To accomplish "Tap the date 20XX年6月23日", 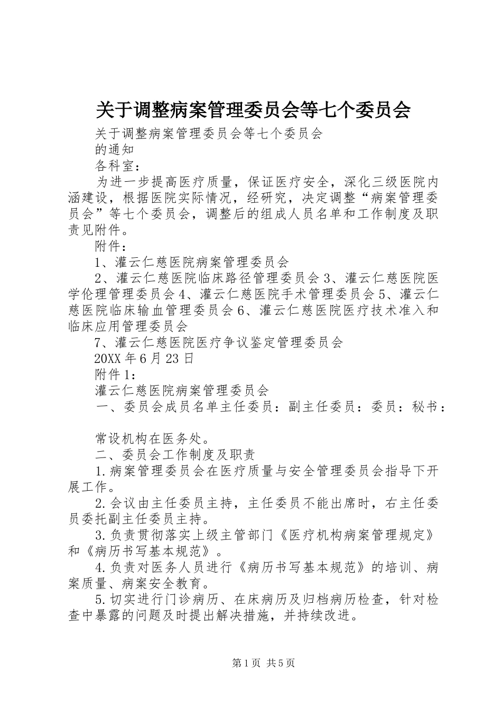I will [x=144, y=359].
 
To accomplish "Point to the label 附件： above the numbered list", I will [x=110, y=246].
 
